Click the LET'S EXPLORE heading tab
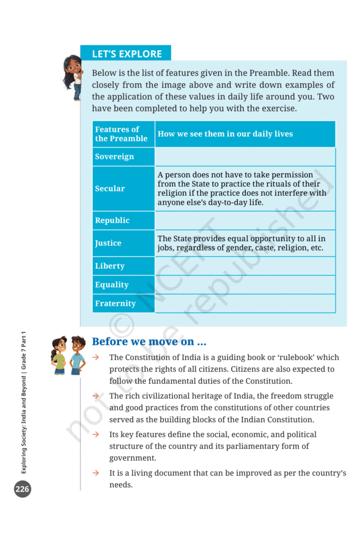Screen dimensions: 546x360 coord(126,54)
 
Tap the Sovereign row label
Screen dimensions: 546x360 coord(114,157)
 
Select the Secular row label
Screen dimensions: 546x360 coord(110,188)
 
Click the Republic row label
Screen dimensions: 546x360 coord(112,220)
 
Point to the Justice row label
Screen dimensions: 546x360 coord(108,243)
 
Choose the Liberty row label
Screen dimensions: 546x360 coord(110,266)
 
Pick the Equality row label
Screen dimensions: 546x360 coord(111,285)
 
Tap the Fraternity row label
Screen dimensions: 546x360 coord(115,303)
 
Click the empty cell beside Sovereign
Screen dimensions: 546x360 coord(245,157)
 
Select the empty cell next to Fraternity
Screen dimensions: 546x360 coord(245,303)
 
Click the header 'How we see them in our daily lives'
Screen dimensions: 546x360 coord(225,134)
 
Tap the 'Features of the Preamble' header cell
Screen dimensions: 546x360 coord(121,134)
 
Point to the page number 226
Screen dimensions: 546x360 coord(22,489)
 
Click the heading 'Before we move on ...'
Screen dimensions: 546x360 coord(149,342)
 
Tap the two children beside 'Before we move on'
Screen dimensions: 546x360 coord(68,355)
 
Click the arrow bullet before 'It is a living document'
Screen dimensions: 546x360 coord(96,473)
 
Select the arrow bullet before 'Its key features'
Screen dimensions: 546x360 coord(96,435)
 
